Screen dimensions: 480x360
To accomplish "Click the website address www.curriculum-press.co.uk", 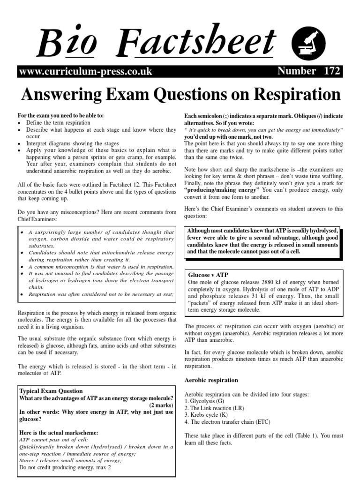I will click(x=85, y=71).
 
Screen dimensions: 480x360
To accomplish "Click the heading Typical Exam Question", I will click(x=51, y=391).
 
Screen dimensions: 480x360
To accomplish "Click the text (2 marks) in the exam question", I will click(x=161, y=405).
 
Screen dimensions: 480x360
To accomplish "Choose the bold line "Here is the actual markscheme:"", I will click(x=59, y=433).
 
